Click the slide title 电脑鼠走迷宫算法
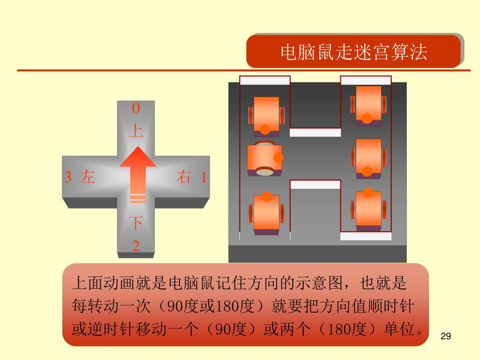pos(353,52)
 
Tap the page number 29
pos(446,336)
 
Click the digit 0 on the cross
pos(136,108)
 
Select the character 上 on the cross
pos(136,130)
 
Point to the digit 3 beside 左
pos(68,178)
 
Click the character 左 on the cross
pos(88,177)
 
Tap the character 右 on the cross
pos(184,177)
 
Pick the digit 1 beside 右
pos(204,178)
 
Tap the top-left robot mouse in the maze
pos(266,115)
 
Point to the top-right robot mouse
pos(368,105)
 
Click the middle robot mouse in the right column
pos(368,158)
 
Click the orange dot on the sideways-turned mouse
pos(278,158)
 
